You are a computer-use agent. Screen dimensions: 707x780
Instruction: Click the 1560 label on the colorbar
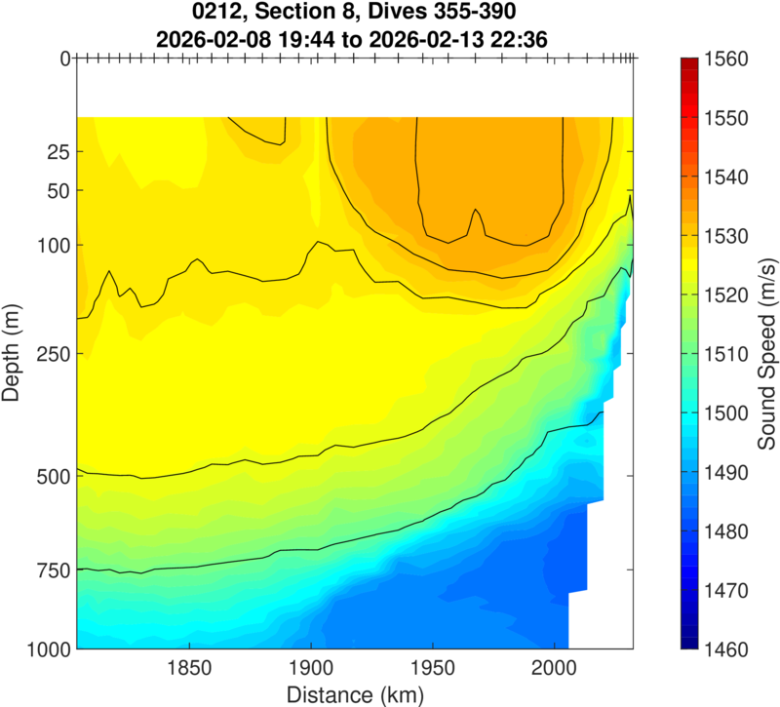(724, 59)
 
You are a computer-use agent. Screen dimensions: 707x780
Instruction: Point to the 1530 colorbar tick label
(724, 236)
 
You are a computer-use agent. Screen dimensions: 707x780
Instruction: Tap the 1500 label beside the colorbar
(724, 413)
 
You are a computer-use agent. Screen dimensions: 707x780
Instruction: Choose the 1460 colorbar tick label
(724, 648)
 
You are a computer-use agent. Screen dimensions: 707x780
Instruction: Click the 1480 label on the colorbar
(724, 531)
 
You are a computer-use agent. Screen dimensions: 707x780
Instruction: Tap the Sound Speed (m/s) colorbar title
(765, 354)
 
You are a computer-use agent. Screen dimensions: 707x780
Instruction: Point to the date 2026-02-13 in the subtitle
(449, 39)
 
